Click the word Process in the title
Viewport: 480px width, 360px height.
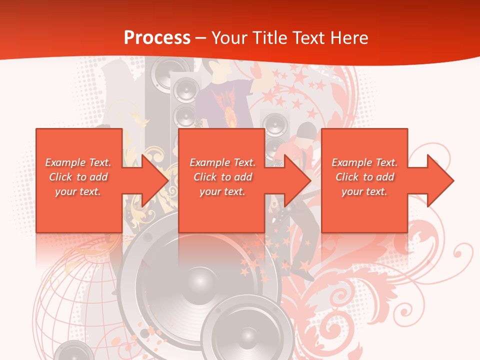(x=157, y=37)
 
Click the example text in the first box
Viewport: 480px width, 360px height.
(x=78, y=177)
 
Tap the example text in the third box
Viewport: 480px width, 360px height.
(x=364, y=177)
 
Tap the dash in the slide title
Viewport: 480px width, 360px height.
(x=200, y=38)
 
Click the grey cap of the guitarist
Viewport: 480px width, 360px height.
(x=306, y=131)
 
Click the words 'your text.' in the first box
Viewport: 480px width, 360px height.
(x=78, y=191)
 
